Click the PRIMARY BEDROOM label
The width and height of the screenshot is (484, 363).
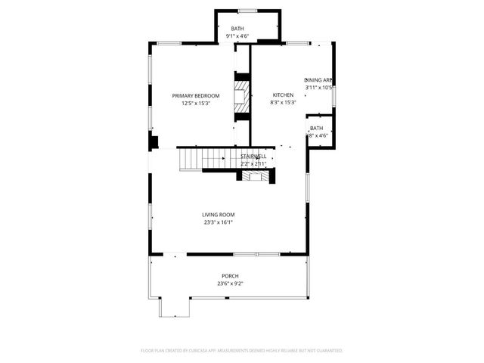tap(196, 95)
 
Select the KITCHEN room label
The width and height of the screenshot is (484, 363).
tap(283, 95)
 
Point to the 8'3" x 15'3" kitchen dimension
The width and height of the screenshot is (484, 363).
tap(283, 103)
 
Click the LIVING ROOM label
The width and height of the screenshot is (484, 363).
tap(218, 215)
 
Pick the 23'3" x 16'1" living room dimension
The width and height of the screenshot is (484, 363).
tap(218, 222)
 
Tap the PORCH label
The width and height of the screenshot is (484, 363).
tap(230, 276)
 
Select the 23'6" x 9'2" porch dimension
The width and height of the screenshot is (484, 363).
tap(230, 284)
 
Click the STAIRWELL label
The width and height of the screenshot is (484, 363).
tap(253, 156)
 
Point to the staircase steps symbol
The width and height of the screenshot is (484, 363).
tap(203, 159)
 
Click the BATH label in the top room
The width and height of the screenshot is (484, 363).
tap(237, 29)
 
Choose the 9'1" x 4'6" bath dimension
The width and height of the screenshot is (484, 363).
tap(237, 36)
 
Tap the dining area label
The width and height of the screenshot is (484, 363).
tap(318, 80)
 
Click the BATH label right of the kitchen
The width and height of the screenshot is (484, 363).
tap(316, 129)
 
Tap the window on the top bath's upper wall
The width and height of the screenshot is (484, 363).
tap(247, 11)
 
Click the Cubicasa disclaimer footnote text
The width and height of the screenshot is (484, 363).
tap(242, 351)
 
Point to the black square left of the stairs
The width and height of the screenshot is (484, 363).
tap(154, 141)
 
